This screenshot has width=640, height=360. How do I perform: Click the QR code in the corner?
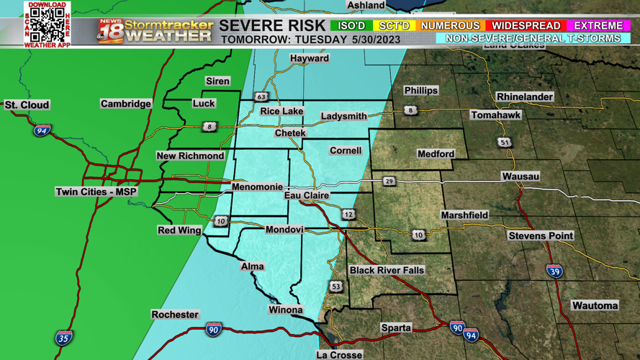point(48,24)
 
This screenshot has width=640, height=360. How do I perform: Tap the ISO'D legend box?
point(352,26)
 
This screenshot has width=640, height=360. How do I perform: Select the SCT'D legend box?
point(394,26)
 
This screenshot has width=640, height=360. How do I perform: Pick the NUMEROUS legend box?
point(450,26)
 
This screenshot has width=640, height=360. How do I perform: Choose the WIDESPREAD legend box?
point(526,26)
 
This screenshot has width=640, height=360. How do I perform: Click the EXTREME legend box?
point(598,26)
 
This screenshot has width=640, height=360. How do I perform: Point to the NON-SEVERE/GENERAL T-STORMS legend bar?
point(533,39)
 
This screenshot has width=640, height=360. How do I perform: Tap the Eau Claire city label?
point(307,195)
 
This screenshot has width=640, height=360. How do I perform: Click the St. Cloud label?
point(27,105)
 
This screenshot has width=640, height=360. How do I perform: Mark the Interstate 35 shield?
point(64,337)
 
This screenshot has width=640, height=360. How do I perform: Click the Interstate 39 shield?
point(554,271)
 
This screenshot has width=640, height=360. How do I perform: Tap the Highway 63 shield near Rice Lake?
point(261,96)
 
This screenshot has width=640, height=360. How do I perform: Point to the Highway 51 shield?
point(505,143)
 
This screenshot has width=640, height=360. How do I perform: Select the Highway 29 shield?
point(389,181)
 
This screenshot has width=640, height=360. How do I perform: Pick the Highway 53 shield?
point(336,287)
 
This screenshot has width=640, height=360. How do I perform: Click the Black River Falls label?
point(387,270)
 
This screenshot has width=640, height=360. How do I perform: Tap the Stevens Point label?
point(541,235)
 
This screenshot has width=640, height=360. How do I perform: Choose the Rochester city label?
point(175,315)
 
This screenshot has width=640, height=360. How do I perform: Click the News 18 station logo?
point(110,32)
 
